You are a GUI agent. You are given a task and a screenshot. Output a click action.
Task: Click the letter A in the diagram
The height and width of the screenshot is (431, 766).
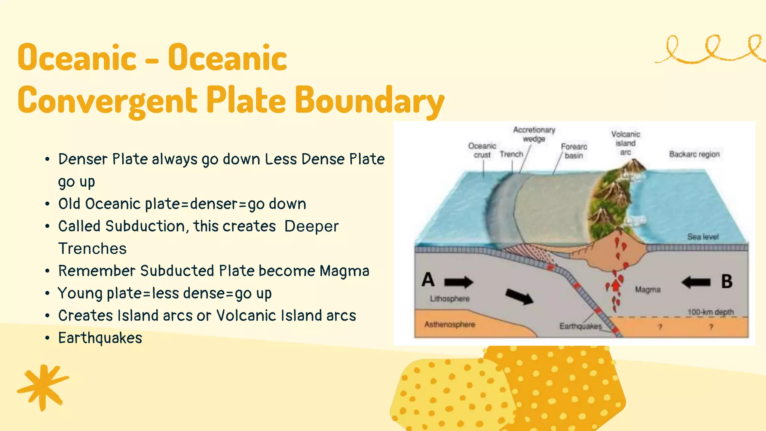click(x=428, y=280)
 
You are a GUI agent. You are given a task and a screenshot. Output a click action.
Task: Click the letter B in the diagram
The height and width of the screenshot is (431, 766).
click(x=726, y=282)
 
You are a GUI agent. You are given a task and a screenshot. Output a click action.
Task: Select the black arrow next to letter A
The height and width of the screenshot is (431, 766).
click(x=459, y=282)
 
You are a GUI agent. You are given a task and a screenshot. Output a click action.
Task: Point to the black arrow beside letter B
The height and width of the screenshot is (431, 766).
click(x=696, y=282)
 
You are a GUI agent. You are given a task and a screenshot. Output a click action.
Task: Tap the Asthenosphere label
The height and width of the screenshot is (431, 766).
click(x=450, y=324)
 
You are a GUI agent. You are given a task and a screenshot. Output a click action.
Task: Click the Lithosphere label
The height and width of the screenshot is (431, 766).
click(x=450, y=299)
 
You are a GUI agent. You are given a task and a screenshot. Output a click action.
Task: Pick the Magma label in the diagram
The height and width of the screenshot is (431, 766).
click(x=648, y=290)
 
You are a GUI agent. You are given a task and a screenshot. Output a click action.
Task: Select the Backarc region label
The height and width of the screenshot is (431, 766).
click(x=694, y=154)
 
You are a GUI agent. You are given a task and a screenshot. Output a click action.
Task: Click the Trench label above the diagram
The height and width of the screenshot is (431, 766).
click(x=511, y=154)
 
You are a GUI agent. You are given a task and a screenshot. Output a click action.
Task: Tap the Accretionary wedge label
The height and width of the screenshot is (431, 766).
click(x=534, y=134)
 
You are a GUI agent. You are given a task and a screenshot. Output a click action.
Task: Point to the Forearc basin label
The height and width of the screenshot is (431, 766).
click(x=574, y=151)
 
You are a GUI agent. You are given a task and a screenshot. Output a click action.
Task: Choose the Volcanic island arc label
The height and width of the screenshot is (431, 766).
click(x=625, y=143)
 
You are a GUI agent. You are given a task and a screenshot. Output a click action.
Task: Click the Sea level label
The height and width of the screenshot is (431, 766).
click(x=703, y=237)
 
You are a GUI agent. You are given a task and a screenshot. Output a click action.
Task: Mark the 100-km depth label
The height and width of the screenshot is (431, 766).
click(x=711, y=312)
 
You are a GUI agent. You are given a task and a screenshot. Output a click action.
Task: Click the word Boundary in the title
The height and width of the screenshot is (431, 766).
click(x=370, y=100)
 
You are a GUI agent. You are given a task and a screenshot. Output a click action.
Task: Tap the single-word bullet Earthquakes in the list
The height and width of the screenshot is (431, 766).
click(x=100, y=338)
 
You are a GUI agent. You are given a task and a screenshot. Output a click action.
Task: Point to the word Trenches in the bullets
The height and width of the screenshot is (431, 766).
click(x=92, y=249)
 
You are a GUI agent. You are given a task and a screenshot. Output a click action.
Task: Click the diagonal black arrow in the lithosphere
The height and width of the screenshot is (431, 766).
click(x=519, y=296)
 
